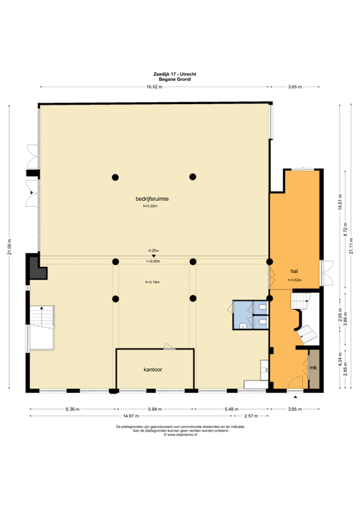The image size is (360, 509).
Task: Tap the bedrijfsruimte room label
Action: (x=154, y=198)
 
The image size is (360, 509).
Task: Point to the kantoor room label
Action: (x=154, y=368)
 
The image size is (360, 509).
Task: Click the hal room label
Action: (x=294, y=272)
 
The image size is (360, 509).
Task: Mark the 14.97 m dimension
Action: (x=147, y=416)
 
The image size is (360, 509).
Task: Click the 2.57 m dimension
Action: (x=251, y=416)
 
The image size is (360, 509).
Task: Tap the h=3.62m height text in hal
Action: (x=294, y=280)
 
